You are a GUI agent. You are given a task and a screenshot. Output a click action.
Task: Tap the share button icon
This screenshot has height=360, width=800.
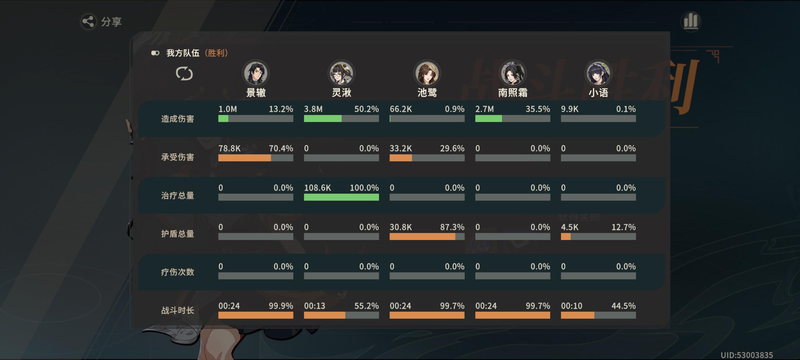(x=89, y=21)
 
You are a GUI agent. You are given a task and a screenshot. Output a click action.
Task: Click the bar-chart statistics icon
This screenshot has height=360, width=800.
(x=690, y=21)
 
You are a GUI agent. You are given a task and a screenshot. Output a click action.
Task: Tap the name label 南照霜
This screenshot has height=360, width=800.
(x=512, y=93)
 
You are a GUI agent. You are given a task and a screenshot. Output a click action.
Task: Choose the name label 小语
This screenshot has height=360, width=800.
(x=598, y=93)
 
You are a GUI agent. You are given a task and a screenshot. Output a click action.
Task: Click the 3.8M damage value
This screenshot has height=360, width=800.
(x=313, y=109)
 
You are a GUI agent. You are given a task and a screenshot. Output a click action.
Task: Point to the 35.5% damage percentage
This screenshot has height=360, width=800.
(x=538, y=109)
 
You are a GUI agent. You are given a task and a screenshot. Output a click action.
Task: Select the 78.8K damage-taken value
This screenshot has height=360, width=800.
(x=229, y=149)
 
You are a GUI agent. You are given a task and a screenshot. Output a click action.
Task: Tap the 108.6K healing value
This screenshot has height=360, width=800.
(x=317, y=188)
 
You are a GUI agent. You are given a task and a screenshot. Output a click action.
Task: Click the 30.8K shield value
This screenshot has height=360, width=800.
(x=401, y=227)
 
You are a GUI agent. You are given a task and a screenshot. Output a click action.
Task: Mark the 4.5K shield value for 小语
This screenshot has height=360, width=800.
(x=569, y=227)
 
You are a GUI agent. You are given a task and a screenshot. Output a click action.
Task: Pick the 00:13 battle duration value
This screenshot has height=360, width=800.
(x=314, y=306)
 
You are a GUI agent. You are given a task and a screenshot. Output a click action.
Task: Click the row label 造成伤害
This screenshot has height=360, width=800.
(x=177, y=119)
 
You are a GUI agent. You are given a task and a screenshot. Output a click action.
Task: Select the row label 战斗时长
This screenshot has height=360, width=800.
(x=177, y=310)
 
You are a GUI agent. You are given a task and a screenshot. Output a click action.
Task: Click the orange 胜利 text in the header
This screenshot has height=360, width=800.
(x=217, y=53)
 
